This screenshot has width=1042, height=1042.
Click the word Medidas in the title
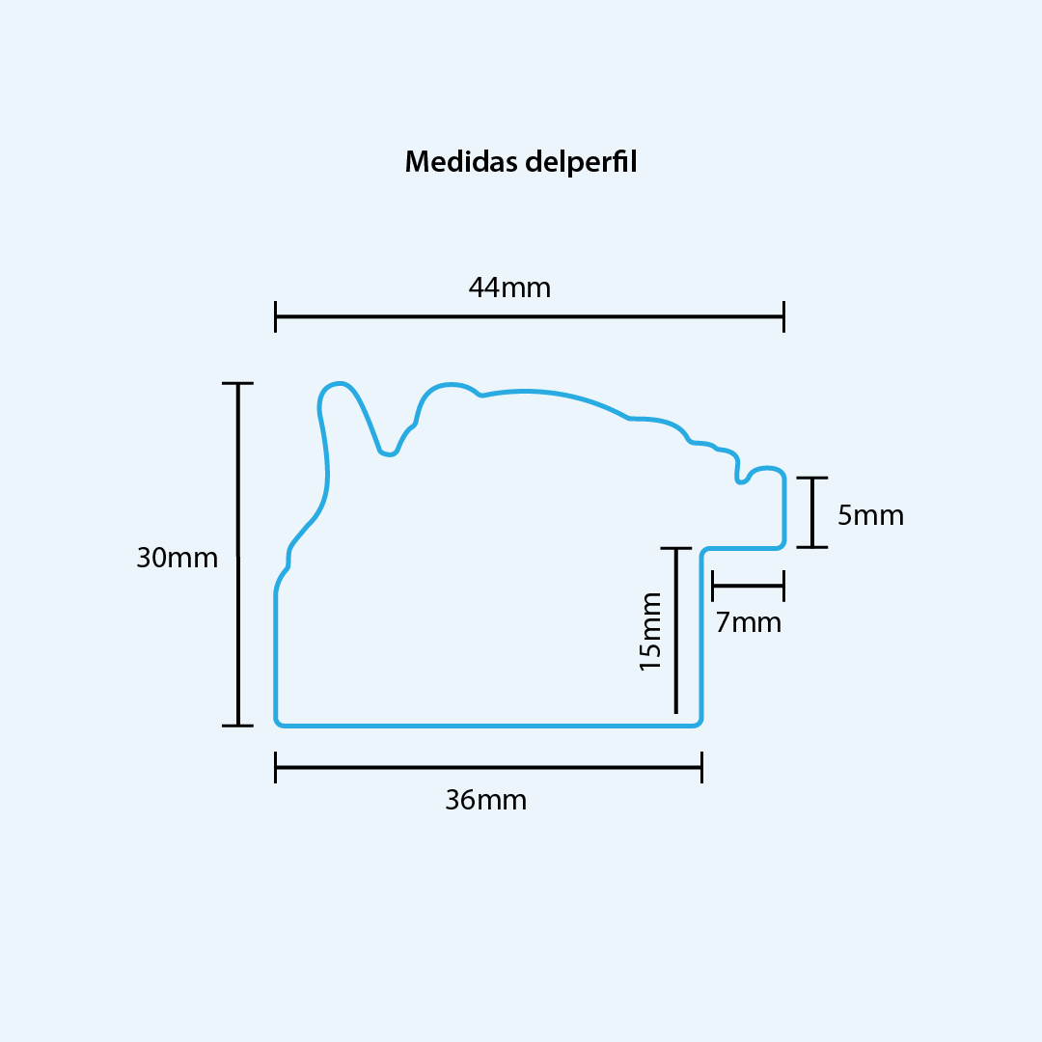pos(461,161)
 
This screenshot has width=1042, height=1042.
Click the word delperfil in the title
pos(581,162)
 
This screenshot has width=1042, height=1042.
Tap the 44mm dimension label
pos(509,288)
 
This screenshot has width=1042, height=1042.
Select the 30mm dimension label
pos(177,558)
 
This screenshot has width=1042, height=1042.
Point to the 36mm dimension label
pos(485,800)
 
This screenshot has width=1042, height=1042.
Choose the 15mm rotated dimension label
pos(650,631)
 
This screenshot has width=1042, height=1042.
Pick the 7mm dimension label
pos(749,622)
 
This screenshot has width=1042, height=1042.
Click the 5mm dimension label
pos(870,515)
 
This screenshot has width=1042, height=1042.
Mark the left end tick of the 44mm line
pos(276,316)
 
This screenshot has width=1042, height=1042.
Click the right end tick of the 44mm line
pos(784,316)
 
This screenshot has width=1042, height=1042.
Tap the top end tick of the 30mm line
pos(238,383)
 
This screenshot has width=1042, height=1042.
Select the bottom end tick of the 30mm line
pos(238,726)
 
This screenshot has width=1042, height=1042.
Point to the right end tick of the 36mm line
pos(701,768)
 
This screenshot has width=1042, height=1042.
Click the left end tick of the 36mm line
pos(276,768)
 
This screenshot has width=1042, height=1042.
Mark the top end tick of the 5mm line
pos(812,478)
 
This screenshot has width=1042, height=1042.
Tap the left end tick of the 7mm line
pos(712,587)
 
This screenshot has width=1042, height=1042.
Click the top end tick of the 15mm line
pos(676,548)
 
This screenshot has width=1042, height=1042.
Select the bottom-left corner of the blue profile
pos(278,724)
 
